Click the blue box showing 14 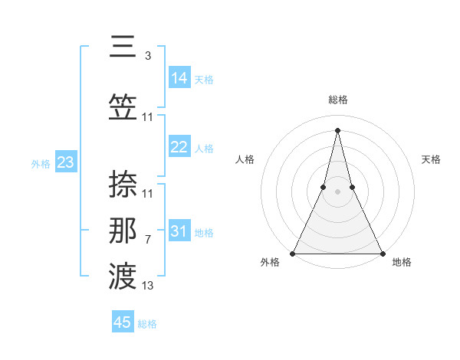tap(179, 78)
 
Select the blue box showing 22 tap(179, 148)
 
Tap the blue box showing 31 tap(179, 232)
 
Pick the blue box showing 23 tap(65, 162)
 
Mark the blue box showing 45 tap(123, 322)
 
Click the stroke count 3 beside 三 tap(147, 56)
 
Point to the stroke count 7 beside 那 tap(147, 240)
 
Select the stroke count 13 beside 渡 tap(148, 286)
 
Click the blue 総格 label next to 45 tap(147, 324)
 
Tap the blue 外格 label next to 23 tap(41, 163)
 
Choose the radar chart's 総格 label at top tap(337, 100)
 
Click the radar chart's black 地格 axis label tap(402, 263)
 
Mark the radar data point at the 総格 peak tap(337, 129)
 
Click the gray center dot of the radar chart tap(337, 191)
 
